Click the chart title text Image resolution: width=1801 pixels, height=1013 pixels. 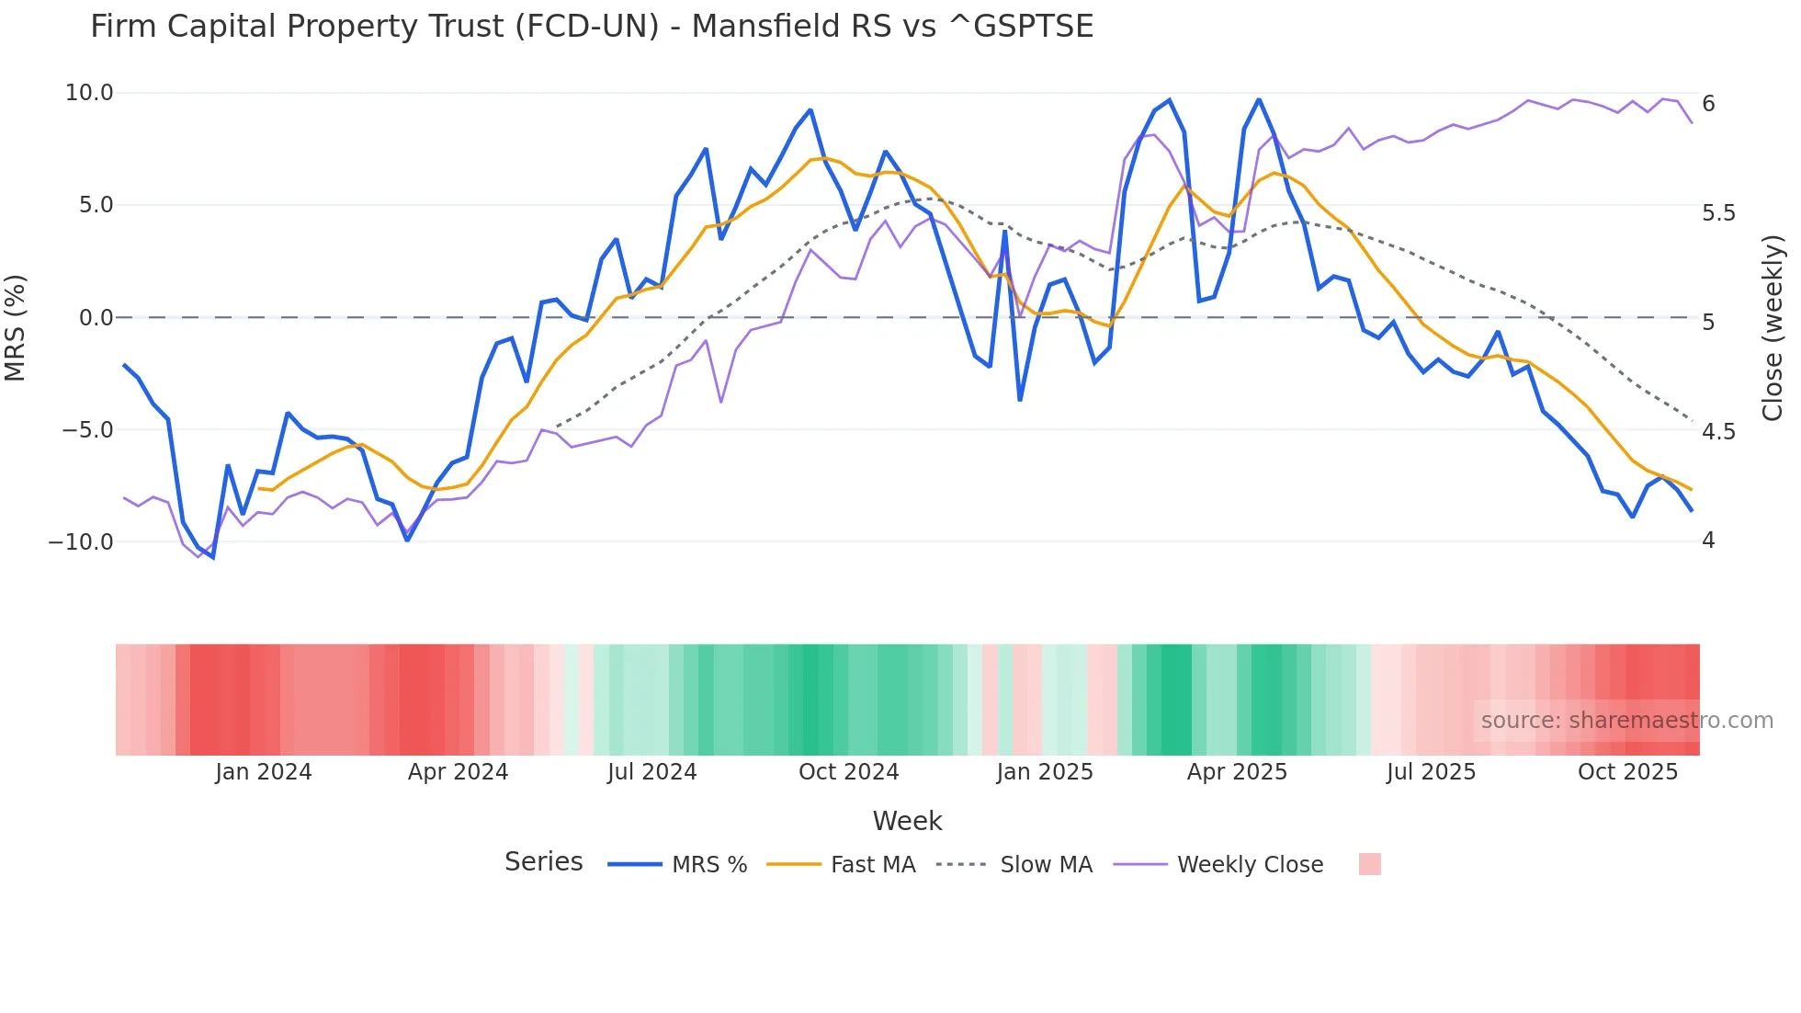pos(592,27)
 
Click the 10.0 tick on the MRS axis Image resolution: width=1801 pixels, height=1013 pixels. pos(89,93)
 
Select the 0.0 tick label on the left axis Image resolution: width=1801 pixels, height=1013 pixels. pos(96,318)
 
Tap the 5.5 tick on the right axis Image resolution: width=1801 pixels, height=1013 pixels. pos(1718,213)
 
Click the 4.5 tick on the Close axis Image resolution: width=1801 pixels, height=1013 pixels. pos(1718,431)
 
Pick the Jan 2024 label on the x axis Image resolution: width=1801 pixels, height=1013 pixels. pos(264,772)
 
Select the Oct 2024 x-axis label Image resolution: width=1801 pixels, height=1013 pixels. pos(848,772)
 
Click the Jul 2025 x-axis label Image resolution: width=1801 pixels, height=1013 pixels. pos(1431,772)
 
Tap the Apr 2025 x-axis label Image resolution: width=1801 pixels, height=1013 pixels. pos(1237,772)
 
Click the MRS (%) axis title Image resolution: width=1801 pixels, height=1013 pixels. pos(16,327)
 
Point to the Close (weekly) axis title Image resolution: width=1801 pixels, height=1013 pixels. pos(1773,327)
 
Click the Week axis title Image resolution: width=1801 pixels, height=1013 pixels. pos(907,821)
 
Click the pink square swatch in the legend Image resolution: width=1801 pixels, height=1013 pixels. pos(1369,864)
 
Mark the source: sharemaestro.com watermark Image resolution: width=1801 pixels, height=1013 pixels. pos(1626,721)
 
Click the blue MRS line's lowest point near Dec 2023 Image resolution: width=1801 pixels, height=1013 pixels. pos(213,557)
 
